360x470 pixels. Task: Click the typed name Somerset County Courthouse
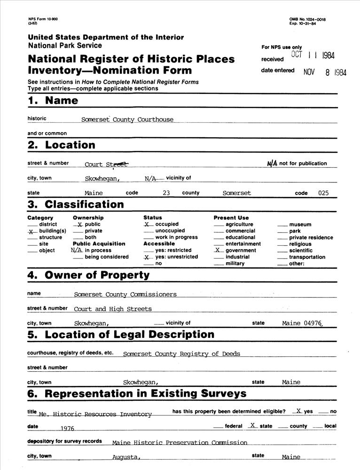(127, 119)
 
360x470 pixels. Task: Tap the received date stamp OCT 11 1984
(313, 55)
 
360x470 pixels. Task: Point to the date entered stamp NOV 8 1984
(325, 73)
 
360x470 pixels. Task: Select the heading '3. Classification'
(76, 204)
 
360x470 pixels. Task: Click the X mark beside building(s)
(31, 232)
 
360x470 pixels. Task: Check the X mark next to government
(218, 251)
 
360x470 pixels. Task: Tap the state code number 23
(166, 193)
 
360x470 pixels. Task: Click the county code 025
(323, 193)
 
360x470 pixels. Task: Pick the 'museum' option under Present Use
(300, 225)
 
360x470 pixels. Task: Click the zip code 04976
(313, 323)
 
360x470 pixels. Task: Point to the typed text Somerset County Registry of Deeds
(181, 353)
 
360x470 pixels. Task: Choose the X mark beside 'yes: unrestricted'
(147, 258)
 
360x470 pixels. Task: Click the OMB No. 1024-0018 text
(307, 19)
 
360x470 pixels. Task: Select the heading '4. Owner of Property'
(88, 275)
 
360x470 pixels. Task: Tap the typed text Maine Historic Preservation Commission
(180, 442)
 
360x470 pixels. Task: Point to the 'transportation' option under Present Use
(307, 257)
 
